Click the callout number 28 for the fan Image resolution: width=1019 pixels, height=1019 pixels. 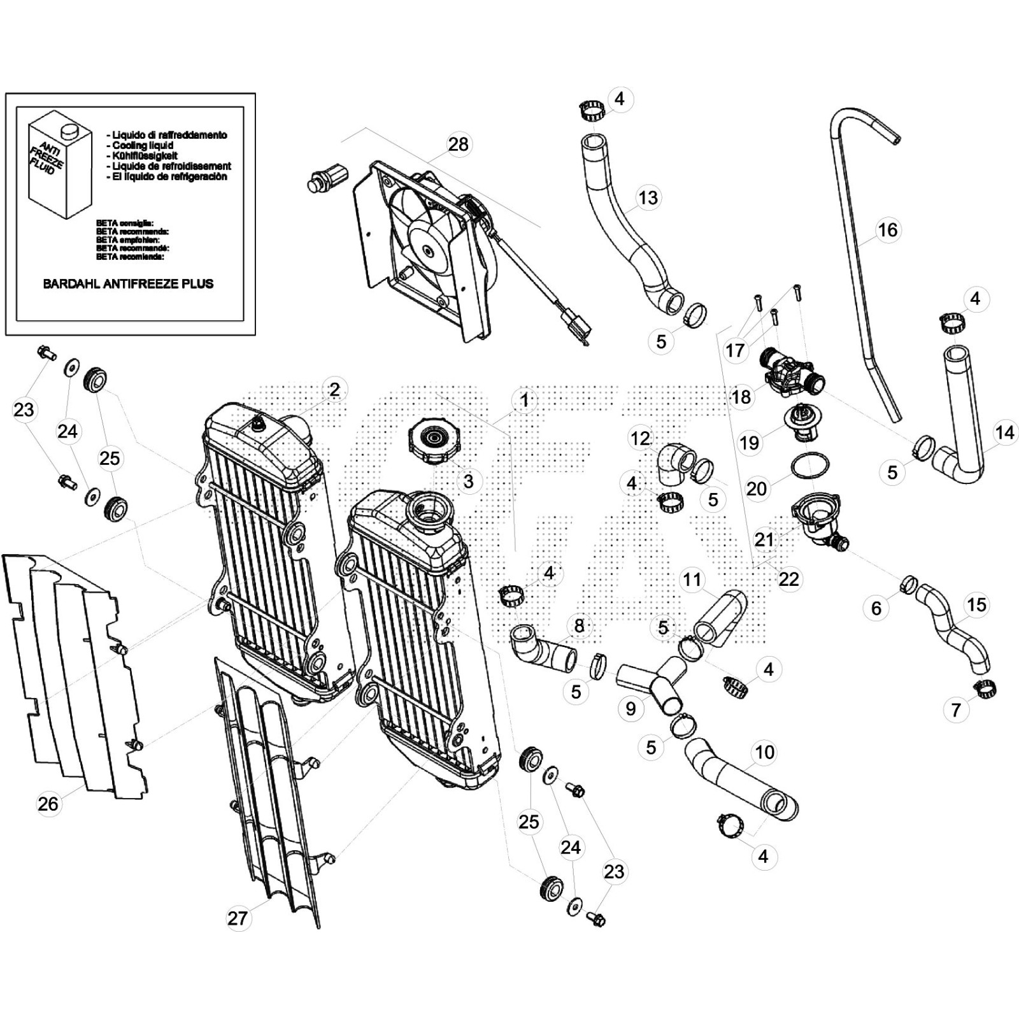point(458,145)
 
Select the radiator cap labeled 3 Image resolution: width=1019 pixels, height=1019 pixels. point(435,441)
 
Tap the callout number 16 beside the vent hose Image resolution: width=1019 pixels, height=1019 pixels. point(888,230)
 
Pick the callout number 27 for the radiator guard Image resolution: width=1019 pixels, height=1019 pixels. point(238,918)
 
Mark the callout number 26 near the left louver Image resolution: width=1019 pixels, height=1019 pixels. point(48,804)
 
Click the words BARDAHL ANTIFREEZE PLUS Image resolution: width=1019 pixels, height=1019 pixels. point(128,284)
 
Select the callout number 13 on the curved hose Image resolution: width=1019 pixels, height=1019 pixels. point(648,197)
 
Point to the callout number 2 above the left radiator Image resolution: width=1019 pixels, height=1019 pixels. point(334,389)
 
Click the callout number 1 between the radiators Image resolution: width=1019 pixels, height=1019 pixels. point(524,400)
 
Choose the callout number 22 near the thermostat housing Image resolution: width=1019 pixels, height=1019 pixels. point(788,579)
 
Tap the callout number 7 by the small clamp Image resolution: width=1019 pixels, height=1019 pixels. point(955,710)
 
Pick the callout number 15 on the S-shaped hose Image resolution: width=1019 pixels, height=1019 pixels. point(976,604)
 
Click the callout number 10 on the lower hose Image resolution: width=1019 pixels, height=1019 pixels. point(764,752)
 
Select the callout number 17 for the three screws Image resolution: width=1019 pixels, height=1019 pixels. point(734,350)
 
